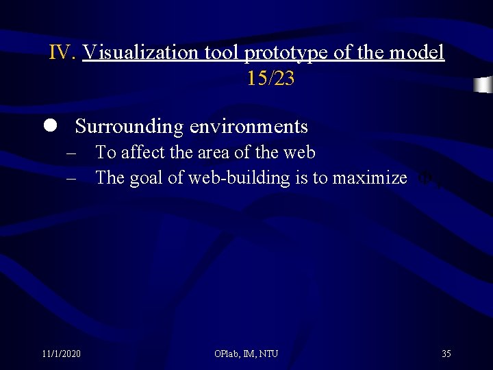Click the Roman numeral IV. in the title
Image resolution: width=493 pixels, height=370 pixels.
point(63,53)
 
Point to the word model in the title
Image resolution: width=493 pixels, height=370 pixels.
point(419,53)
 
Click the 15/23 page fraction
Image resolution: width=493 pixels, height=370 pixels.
point(270,79)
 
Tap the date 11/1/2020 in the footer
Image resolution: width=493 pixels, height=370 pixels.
point(61,354)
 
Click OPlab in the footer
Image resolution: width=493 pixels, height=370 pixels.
point(227,354)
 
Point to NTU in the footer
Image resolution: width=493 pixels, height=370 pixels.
point(268,354)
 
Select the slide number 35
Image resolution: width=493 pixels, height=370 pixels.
point(446,354)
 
